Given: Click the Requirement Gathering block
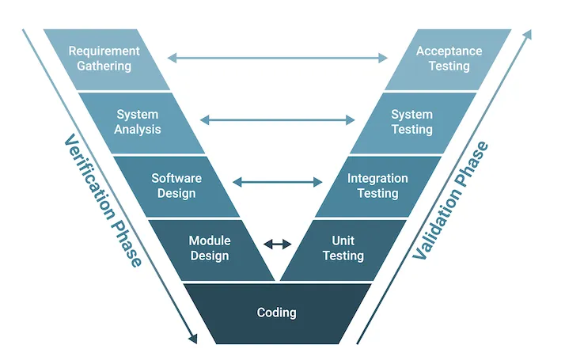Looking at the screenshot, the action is (x=107, y=59).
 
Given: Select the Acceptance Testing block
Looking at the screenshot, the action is (x=448, y=59).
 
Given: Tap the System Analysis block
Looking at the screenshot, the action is (x=141, y=123).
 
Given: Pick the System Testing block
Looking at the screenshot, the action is (x=413, y=123).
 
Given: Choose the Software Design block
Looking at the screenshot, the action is (x=176, y=186).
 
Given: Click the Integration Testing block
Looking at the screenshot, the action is (x=378, y=186).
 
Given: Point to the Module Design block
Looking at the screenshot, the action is (x=211, y=250).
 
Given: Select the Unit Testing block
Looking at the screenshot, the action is (x=343, y=250).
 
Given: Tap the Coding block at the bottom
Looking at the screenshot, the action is (x=277, y=313).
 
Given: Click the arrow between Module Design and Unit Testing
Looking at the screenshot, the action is (x=278, y=244).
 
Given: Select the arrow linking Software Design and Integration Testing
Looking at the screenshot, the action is (x=278, y=182).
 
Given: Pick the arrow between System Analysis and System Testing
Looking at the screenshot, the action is (x=278, y=119).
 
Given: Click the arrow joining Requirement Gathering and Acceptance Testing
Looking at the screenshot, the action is (x=278, y=58).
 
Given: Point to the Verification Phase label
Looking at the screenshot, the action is (x=103, y=200).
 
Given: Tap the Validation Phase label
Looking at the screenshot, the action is (x=450, y=200).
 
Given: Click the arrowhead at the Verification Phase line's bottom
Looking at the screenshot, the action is (x=194, y=339).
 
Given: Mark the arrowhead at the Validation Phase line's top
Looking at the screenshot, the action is (x=528, y=35).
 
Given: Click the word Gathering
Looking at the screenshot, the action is (x=104, y=66).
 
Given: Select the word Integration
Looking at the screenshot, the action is (x=377, y=178).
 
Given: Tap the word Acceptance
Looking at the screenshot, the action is (x=449, y=51).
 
